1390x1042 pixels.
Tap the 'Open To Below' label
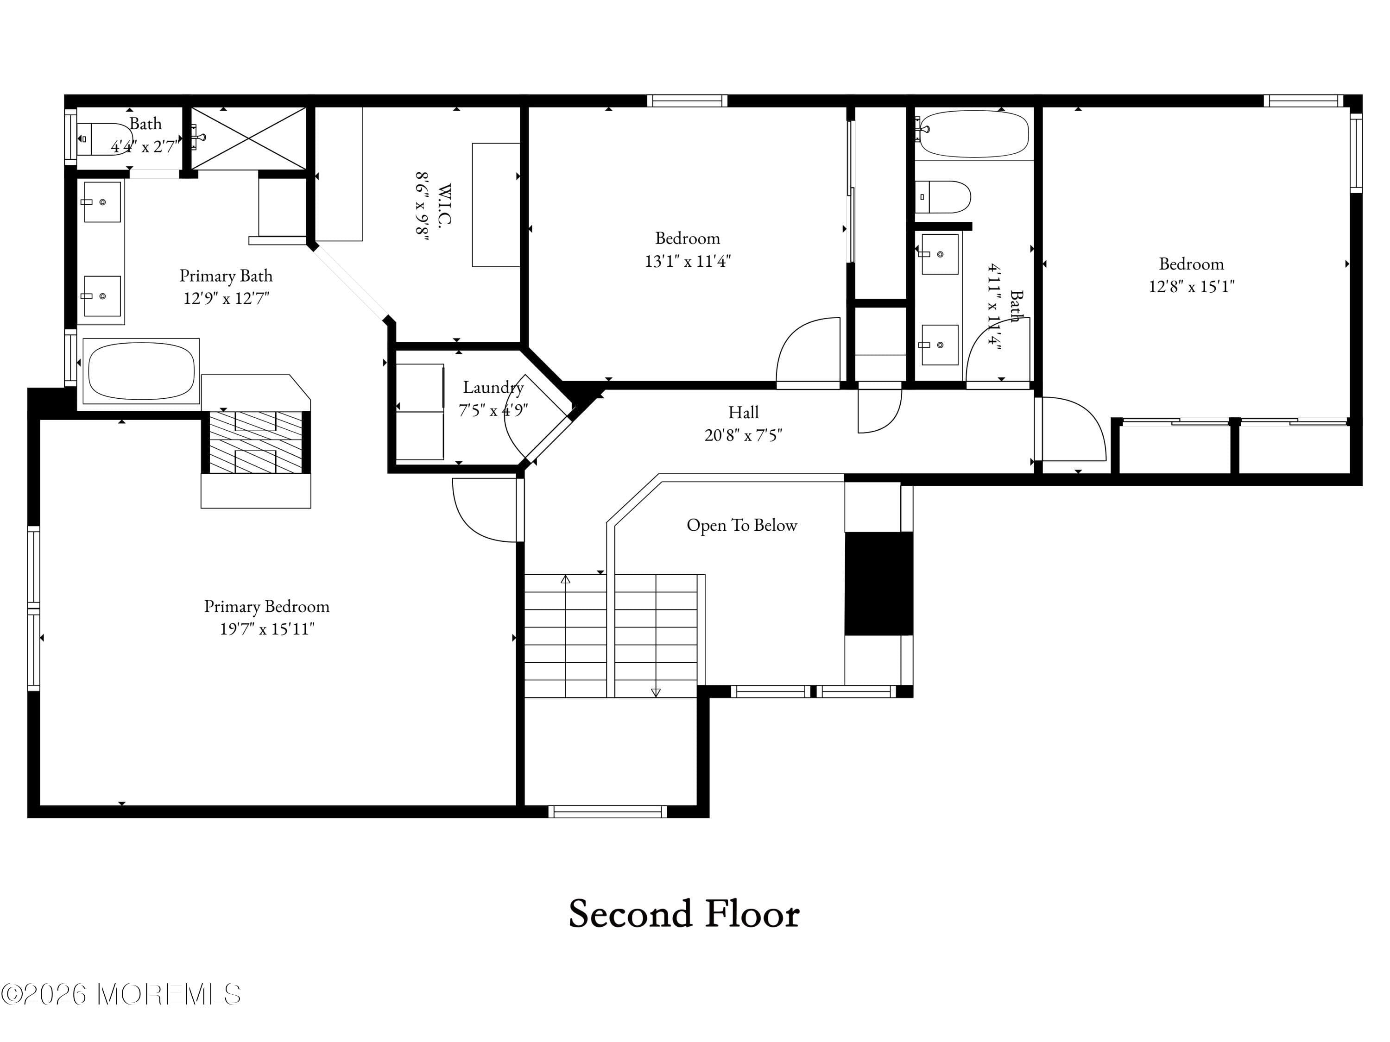[x=741, y=525]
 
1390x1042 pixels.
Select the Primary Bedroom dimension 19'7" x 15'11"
[x=267, y=629]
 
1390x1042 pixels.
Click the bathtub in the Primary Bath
[x=141, y=371]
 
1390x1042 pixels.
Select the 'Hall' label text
[x=743, y=413]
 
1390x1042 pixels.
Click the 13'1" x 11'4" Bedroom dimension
[x=688, y=261]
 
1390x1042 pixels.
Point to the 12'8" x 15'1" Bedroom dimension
[x=1191, y=286]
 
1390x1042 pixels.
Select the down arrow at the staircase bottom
[x=656, y=692]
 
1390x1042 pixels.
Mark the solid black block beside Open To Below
[x=878, y=584]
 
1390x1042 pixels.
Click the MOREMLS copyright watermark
[x=120, y=994]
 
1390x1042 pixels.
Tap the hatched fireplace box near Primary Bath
[x=255, y=442]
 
